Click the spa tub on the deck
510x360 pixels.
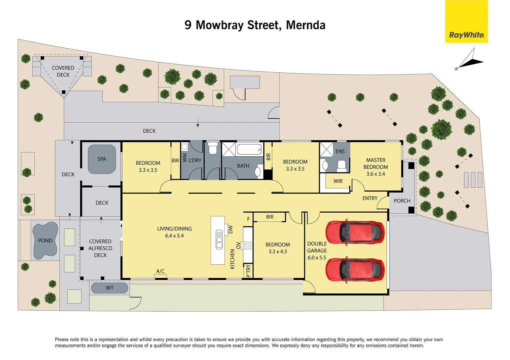[x=102, y=159]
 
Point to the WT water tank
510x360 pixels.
[x=109, y=288]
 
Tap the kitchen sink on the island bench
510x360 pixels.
[x=219, y=239]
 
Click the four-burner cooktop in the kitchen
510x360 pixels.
[x=248, y=246]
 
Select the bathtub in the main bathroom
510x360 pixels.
[x=249, y=150]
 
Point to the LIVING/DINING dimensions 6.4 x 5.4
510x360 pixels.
[x=174, y=236]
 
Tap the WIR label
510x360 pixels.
[x=338, y=181]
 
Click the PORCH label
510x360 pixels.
[x=402, y=201]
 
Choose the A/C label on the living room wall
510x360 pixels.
[x=160, y=271]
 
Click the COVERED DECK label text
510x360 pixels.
[x=63, y=71]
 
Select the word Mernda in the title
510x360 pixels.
[x=306, y=25]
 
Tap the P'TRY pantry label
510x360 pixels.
[x=248, y=271]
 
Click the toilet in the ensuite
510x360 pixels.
[x=342, y=165]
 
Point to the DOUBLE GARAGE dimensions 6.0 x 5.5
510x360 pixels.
[x=317, y=258]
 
